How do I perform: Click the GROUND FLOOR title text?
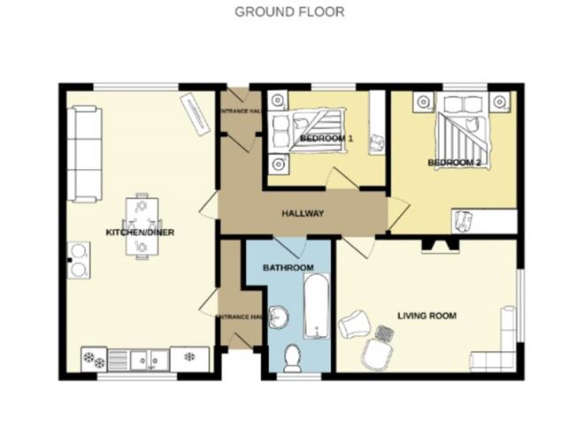coord(289,11)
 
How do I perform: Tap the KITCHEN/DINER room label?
coord(140,233)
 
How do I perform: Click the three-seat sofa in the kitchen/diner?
coord(86,152)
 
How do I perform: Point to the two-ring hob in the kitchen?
coord(81,264)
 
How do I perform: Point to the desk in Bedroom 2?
coord(484,221)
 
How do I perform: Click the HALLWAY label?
coord(303,213)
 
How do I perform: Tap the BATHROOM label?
coord(288,267)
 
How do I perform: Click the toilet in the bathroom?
coord(292,358)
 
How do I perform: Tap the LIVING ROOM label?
coord(426,314)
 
